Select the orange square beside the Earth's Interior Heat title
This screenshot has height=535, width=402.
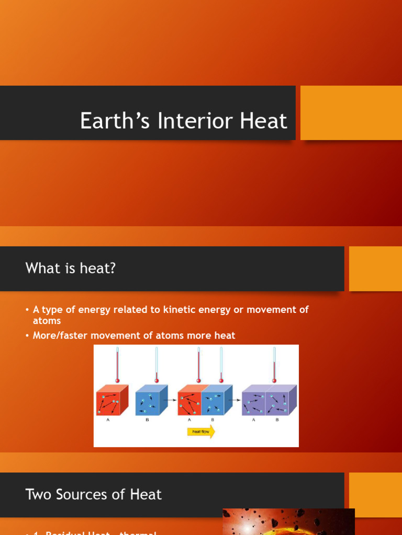click(351, 113)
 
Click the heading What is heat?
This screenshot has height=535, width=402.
click(70, 269)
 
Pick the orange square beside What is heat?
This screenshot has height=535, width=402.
click(375, 269)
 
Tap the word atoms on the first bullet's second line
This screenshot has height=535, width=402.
click(47, 321)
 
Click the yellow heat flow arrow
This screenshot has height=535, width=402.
click(201, 432)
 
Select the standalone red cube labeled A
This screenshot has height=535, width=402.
click(111, 401)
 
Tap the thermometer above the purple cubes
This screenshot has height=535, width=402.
click(274, 364)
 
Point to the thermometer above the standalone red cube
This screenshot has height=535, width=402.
click(118, 364)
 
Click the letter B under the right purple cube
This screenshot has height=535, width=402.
click(277, 420)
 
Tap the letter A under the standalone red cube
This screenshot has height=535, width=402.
click(108, 420)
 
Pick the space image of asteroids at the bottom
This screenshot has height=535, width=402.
click(288, 521)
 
